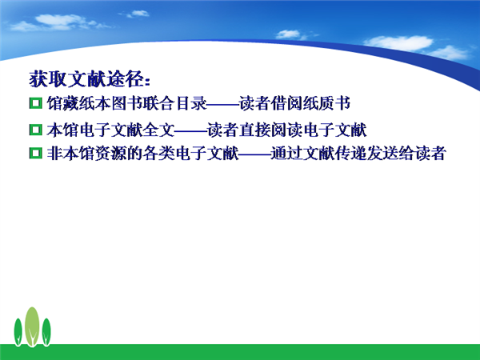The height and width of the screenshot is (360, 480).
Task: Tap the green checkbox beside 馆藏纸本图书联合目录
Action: click(x=36, y=103)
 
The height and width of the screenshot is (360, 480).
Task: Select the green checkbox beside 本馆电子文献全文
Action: click(x=36, y=130)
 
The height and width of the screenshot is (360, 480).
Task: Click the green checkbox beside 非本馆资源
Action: click(x=36, y=153)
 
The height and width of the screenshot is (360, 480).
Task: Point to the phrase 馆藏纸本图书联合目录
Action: click(x=126, y=103)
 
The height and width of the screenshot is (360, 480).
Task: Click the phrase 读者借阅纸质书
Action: click(x=294, y=103)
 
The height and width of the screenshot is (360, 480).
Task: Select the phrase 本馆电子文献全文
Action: click(x=110, y=130)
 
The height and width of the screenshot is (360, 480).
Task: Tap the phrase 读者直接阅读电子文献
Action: click(x=287, y=130)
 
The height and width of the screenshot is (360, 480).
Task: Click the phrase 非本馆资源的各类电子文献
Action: click(x=142, y=153)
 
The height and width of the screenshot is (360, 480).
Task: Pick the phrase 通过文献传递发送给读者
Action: click(x=358, y=153)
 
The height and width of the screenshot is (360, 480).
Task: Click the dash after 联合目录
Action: click(x=223, y=106)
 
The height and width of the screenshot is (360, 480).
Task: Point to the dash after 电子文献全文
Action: click(x=191, y=132)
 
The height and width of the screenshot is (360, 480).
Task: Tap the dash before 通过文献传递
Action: click(x=254, y=155)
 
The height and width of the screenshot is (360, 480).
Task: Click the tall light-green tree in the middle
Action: click(x=32, y=326)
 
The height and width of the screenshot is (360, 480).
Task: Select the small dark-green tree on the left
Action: click(x=18, y=332)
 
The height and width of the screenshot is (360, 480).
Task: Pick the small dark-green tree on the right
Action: click(x=46, y=332)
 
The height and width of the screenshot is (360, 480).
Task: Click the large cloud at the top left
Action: click(x=58, y=22)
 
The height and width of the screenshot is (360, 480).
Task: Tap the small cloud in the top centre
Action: click(x=136, y=14)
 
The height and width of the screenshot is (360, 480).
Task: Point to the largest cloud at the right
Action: click(x=399, y=43)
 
